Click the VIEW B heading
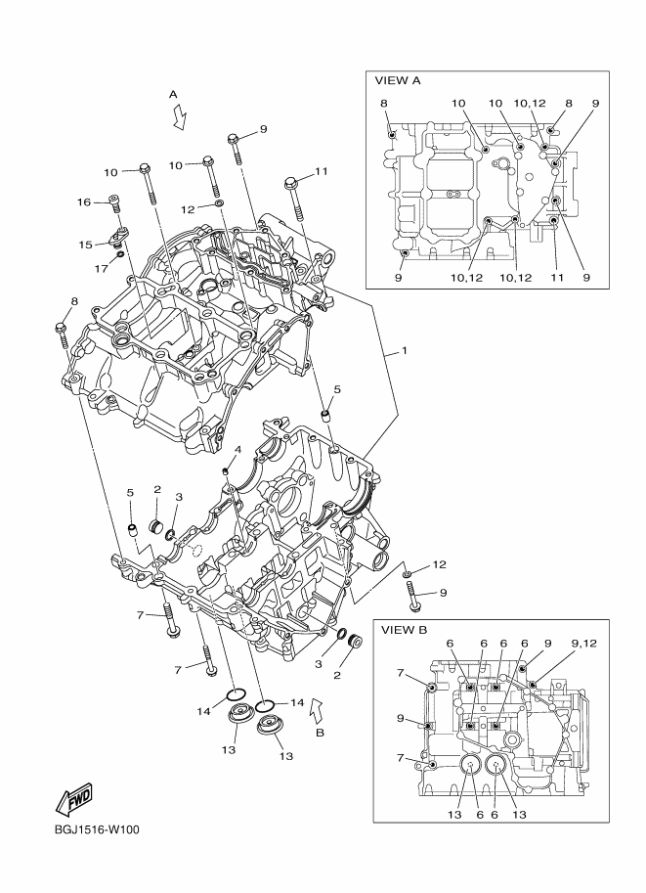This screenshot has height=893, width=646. pyautogui.click(x=404, y=630)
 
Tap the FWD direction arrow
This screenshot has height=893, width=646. pyautogui.click(x=73, y=802)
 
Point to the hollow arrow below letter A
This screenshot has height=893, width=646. pyautogui.click(x=179, y=117)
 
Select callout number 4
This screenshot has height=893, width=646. pyautogui.click(x=237, y=449)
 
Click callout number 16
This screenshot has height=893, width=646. pyautogui.click(x=85, y=202)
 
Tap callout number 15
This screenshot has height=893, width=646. pyautogui.click(x=85, y=244)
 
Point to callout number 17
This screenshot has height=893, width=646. pyautogui.click(x=101, y=268)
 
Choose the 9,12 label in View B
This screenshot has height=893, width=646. pyautogui.click(x=583, y=643)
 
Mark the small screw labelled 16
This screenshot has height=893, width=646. pyautogui.click(x=114, y=204)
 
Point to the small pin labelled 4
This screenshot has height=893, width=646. pyautogui.click(x=226, y=470)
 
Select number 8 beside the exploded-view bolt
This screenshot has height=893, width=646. pyautogui.click(x=73, y=301)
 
